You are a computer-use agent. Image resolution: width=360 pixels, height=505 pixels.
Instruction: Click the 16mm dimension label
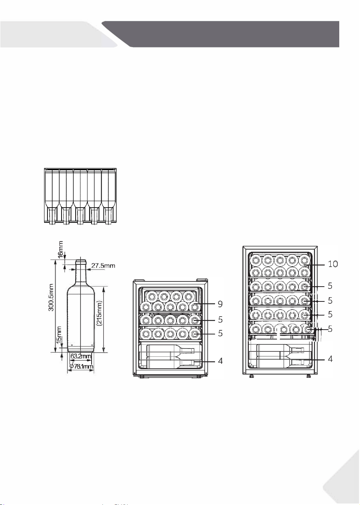click(x=61, y=250)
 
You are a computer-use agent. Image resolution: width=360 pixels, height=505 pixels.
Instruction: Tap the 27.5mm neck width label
click(x=103, y=265)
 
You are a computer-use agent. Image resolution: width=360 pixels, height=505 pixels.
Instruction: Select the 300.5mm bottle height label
click(x=52, y=297)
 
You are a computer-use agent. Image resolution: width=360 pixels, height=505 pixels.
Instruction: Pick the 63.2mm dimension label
click(x=81, y=356)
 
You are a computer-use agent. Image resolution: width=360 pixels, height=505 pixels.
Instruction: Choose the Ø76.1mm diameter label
click(x=81, y=366)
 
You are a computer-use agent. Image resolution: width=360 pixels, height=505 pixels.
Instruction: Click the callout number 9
click(x=220, y=304)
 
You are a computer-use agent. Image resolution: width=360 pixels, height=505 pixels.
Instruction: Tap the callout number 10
click(x=333, y=264)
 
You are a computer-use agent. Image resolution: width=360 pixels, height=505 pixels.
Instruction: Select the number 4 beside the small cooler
click(x=220, y=361)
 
